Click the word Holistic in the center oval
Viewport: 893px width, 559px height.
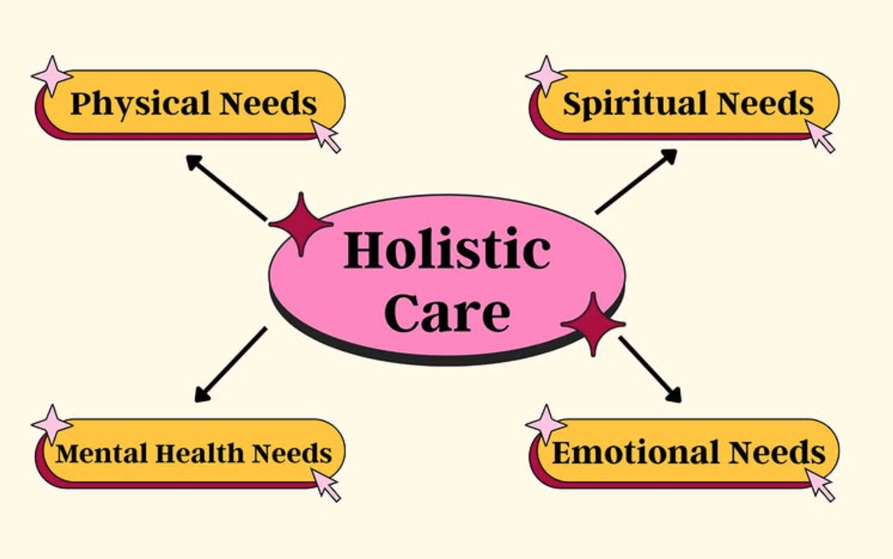[x=447, y=250]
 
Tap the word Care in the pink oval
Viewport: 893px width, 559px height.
[x=447, y=313]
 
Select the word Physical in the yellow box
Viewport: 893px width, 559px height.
[x=140, y=103]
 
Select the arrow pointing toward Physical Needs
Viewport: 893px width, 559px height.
[x=225, y=187]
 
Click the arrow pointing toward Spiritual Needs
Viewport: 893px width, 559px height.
[x=637, y=181]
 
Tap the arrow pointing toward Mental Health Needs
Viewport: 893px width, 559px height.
[x=230, y=365]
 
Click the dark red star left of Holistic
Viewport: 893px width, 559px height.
[x=301, y=224]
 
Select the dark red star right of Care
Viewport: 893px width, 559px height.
[x=593, y=324]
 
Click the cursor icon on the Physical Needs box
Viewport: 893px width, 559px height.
[x=326, y=136]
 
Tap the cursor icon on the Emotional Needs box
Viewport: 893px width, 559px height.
[x=820, y=485]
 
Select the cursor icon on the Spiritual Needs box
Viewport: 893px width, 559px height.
[x=820, y=136]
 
